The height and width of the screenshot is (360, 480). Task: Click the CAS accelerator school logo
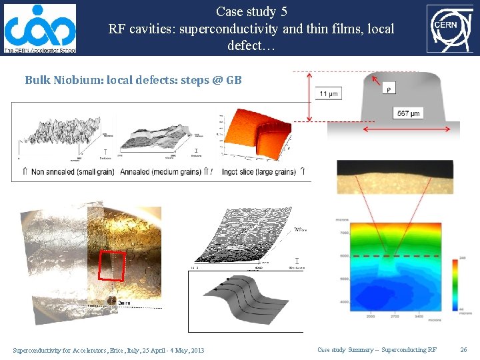point(40,27)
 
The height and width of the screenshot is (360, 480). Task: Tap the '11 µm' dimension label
point(327,94)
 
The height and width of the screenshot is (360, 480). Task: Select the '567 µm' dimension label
point(408,113)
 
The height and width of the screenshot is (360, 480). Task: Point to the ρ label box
point(389,87)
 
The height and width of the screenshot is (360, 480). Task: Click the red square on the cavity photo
point(112,265)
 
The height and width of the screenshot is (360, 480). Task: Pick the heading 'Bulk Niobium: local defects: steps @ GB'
point(133,80)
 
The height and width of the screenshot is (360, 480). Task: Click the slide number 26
point(464,350)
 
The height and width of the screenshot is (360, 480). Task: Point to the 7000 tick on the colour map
point(343,233)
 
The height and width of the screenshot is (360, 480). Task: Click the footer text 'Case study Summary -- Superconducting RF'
point(377,350)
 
